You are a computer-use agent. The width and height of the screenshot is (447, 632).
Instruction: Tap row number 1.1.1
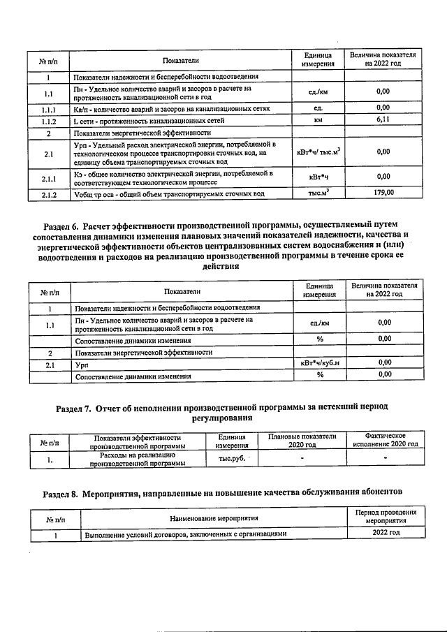pyautogui.click(x=49, y=109)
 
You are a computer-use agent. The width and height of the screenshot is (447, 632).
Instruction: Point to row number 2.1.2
pyautogui.click(x=49, y=193)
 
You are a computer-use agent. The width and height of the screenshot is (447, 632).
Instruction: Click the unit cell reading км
pyautogui.click(x=318, y=120)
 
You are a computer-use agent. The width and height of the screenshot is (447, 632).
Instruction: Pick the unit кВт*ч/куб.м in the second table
pyautogui.click(x=319, y=363)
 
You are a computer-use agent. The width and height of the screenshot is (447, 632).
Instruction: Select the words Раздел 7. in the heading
pyautogui.click(x=78, y=406)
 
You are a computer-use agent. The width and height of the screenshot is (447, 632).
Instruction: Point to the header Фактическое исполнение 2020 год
pyautogui.click(x=385, y=440)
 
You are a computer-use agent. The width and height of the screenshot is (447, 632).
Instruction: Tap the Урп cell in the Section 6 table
pyautogui.click(x=80, y=364)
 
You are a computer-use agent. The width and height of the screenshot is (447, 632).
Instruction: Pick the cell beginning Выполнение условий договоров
pyautogui.click(x=186, y=534)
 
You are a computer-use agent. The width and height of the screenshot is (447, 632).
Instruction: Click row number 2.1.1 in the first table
pyautogui.click(x=49, y=177)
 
